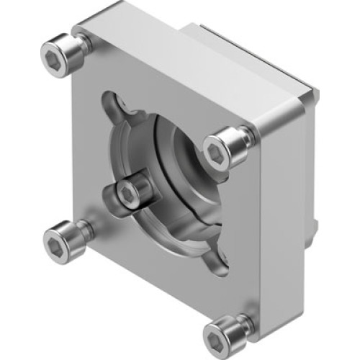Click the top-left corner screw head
(x=60, y=50)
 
